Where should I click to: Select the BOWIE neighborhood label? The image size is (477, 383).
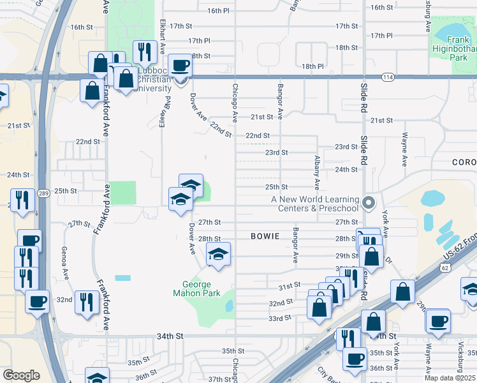point(265,236)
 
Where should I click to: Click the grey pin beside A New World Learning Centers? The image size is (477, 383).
point(368,203)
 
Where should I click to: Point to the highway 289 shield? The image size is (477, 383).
point(41,193)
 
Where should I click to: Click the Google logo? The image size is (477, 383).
point(21,375)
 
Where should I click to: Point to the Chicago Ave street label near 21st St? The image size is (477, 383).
point(235,103)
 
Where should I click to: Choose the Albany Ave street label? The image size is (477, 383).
point(317,172)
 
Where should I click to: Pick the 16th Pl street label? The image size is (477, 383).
point(217,11)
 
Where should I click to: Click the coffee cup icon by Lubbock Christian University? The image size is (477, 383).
point(180,65)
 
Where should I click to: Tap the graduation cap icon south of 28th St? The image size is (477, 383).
point(218,256)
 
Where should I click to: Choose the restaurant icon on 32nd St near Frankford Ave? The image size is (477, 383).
point(86,303)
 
